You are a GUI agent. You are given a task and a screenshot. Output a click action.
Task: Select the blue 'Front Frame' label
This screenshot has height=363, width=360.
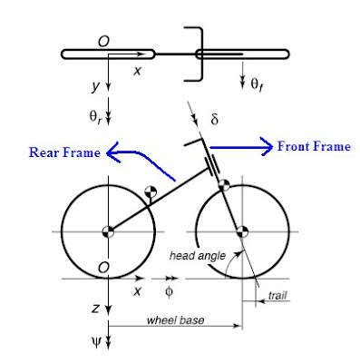[x=313, y=145]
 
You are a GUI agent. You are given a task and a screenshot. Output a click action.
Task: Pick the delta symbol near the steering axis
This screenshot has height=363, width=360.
[x=215, y=119]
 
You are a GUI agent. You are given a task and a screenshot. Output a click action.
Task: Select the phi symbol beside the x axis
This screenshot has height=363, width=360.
[x=169, y=291]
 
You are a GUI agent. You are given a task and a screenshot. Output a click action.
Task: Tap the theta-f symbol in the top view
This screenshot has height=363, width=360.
[x=257, y=84]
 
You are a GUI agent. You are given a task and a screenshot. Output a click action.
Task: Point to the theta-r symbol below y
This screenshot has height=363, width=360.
[x=96, y=117]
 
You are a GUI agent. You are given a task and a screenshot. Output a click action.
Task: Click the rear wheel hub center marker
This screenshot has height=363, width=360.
[x=108, y=231]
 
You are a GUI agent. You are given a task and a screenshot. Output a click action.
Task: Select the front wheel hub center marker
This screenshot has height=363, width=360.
[x=241, y=231]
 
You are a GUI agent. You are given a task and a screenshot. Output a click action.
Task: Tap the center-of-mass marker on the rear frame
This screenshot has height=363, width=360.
[x=152, y=193]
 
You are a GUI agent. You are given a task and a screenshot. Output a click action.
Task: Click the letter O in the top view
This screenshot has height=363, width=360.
[x=106, y=41]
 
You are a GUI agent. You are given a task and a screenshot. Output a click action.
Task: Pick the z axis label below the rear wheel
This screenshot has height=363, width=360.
[x=95, y=309]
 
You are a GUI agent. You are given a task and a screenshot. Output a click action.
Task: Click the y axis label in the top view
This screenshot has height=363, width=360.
[x=94, y=86]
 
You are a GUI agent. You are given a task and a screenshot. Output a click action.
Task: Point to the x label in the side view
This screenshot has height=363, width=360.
[x=138, y=291]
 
